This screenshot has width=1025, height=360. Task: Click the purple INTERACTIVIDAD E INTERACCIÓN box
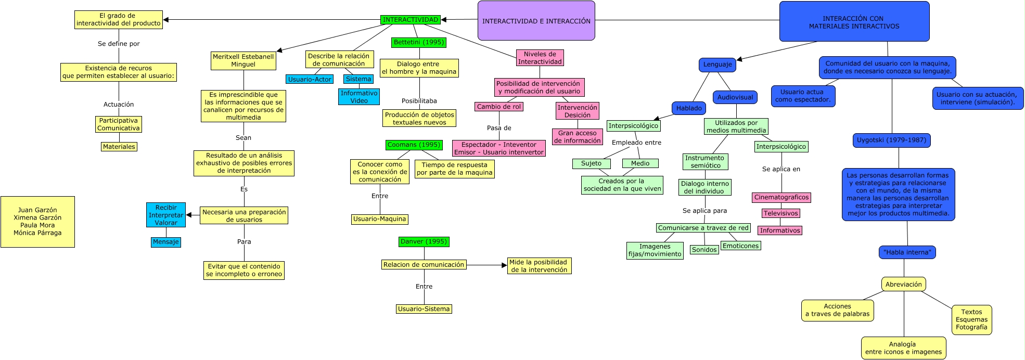tap(536, 21)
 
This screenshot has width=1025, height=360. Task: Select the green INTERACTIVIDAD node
tap(411, 20)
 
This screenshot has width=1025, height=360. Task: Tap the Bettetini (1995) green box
tap(419, 42)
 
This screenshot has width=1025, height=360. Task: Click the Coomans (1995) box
tap(414, 145)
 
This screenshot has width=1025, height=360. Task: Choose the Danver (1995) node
tap(424, 241)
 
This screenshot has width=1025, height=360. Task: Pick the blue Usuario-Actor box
tap(310, 79)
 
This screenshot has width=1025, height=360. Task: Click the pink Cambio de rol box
tap(498, 106)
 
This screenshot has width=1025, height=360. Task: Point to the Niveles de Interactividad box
tap(540, 58)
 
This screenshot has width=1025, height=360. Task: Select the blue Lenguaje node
tap(717, 65)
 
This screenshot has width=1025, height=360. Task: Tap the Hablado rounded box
tap(689, 108)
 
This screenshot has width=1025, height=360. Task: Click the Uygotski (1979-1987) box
tap(891, 140)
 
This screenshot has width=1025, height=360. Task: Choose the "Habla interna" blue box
tap(907, 252)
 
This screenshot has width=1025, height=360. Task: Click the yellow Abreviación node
tap(903, 284)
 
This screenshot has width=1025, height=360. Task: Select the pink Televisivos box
tap(780, 213)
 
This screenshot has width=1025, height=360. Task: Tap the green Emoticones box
tap(740, 246)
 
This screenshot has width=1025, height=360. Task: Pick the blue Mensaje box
tap(166, 242)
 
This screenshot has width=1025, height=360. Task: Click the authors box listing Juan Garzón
tap(37, 222)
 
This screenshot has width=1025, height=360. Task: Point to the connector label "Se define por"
tap(119, 44)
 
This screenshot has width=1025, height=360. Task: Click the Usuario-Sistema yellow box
tap(424, 309)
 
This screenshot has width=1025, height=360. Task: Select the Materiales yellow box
tap(119, 147)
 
